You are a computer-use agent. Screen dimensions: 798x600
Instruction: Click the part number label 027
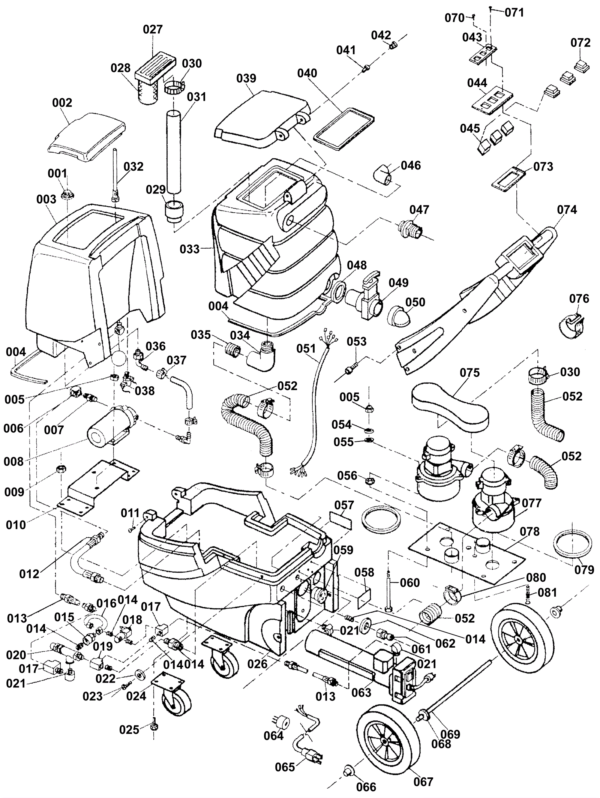(x=153, y=29)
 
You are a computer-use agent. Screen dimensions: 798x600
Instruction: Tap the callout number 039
(x=246, y=78)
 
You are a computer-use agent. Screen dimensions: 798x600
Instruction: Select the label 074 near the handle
(x=567, y=210)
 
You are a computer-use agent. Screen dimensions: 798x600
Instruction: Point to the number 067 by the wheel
(x=423, y=782)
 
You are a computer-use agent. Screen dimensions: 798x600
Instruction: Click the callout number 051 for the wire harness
(x=306, y=349)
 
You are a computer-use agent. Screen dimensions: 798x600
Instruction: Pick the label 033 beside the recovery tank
(x=189, y=249)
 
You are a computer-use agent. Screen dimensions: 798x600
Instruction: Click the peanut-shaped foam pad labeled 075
(x=450, y=409)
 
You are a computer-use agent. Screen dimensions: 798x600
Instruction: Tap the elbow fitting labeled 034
(x=261, y=358)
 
